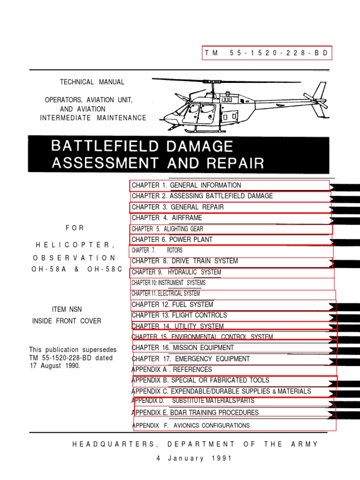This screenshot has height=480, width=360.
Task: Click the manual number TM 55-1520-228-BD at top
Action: (x=267, y=53)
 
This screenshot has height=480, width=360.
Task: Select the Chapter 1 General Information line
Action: (x=187, y=185)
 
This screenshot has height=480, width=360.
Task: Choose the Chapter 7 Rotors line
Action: (x=157, y=250)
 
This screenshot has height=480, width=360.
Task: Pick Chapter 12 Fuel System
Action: (x=172, y=305)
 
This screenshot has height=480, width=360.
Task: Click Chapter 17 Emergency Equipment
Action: (x=191, y=359)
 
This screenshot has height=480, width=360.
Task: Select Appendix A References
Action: (x=172, y=369)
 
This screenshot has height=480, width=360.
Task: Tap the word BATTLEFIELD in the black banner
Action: (x=105, y=146)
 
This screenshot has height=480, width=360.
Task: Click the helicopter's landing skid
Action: (x=197, y=129)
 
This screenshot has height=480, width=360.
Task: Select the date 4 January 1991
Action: (x=194, y=458)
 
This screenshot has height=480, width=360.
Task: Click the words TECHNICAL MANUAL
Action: (x=92, y=82)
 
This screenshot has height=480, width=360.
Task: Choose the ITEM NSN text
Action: (x=67, y=310)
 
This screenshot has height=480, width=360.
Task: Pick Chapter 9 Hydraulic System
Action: (x=176, y=272)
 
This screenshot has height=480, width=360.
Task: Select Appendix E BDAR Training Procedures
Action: (x=196, y=413)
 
